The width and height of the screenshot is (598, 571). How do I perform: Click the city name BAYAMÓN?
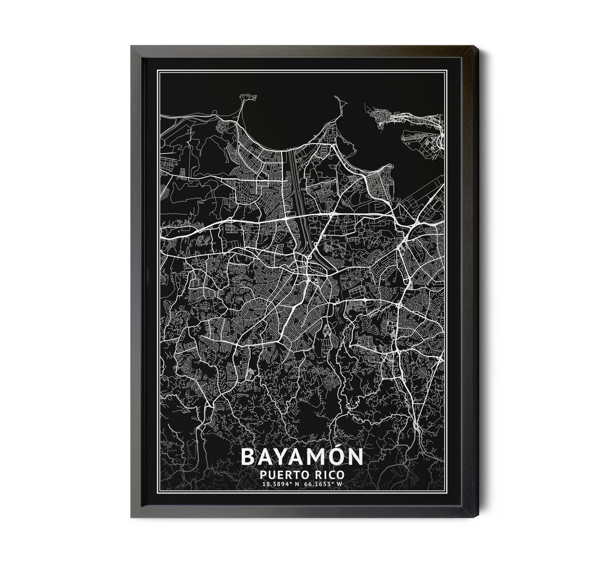coord(302,457)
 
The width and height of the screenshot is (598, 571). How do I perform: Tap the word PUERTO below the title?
coord(281,475)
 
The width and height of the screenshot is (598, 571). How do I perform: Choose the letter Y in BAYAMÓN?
coord(282,457)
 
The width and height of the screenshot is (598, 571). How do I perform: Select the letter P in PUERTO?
coord(262,475)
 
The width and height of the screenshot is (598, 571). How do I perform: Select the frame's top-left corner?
coord(132,47)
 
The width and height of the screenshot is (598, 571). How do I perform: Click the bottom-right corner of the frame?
coord(478,517)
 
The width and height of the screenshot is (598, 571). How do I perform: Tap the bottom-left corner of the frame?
coord(132,517)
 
